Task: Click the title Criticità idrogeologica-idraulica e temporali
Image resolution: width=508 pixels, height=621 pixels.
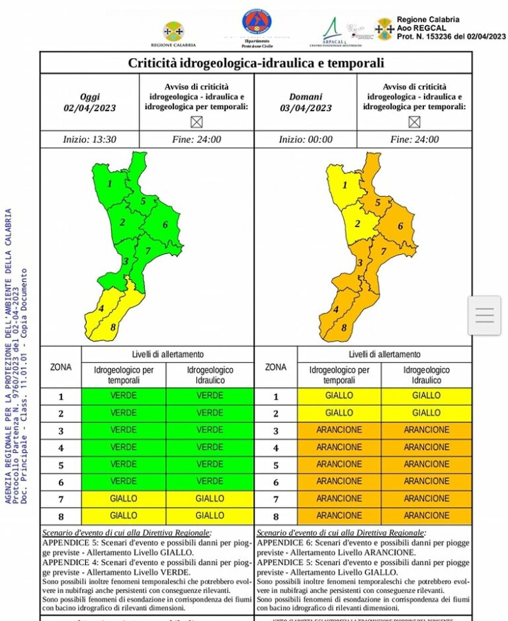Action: click(256, 64)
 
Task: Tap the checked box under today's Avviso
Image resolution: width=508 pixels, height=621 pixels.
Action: click(196, 122)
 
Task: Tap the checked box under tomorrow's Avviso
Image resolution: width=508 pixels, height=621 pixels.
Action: click(414, 122)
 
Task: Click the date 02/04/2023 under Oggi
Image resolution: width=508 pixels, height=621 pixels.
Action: click(89, 108)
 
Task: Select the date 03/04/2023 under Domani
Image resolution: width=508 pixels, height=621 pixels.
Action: click(306, 108)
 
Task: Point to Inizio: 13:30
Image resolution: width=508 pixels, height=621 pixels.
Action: click(90, 140)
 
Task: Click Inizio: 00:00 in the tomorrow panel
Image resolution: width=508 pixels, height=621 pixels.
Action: click(306, 140)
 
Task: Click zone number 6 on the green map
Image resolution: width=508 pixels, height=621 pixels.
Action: click(165, 224)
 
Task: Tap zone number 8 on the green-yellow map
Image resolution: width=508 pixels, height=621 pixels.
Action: click(113, 327)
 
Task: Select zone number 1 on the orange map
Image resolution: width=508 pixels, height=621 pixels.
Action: click(345, 185)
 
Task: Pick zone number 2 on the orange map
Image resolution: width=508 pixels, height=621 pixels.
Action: click(357, 224)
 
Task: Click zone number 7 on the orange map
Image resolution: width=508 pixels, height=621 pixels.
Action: click(383, 252)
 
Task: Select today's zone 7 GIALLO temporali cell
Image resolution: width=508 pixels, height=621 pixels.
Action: click(124, 499)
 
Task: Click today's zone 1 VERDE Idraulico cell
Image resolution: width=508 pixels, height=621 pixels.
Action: click(210, 396)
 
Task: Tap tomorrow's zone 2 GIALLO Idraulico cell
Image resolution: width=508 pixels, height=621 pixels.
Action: click(426, 413)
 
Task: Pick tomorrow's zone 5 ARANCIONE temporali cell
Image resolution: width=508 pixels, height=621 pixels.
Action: click(339, 465)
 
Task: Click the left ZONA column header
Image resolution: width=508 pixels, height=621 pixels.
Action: click(61, 367)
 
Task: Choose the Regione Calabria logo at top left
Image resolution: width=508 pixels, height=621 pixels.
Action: click(173, 31)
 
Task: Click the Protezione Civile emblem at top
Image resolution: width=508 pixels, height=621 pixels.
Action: click(257, 23)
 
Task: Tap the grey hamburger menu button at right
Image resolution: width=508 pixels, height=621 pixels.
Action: click(484, 316)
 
